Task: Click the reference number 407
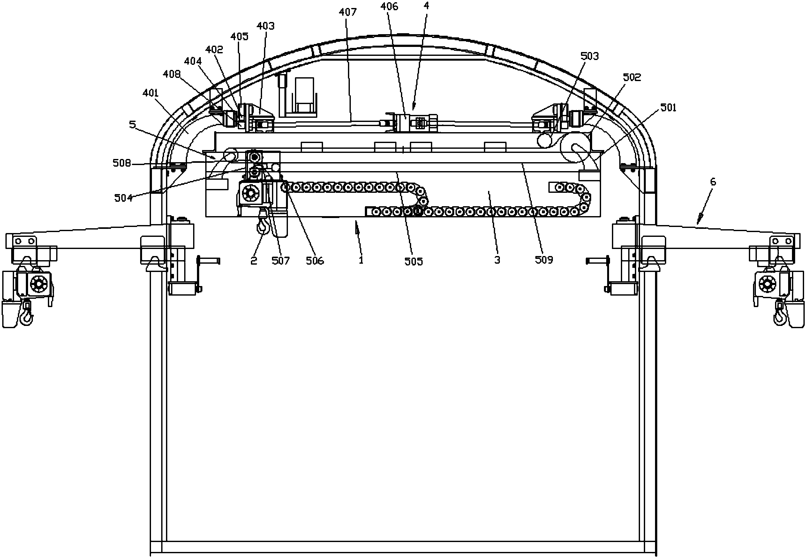coord(347,12)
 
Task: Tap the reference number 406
coord(389,6)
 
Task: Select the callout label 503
coord(589,56)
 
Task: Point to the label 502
coord(632,77)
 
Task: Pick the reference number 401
coord(151,93)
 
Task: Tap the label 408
coord(172,74)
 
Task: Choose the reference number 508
coord(122,163)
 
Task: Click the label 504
coord(124,198)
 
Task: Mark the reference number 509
coord(544,260)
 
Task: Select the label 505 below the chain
coord(413,261)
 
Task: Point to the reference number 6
coord(713,182)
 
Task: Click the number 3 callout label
coord(497,260)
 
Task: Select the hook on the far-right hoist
coord(780,316)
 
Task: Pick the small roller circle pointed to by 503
coord(545,141)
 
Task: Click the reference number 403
coord(266,26)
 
